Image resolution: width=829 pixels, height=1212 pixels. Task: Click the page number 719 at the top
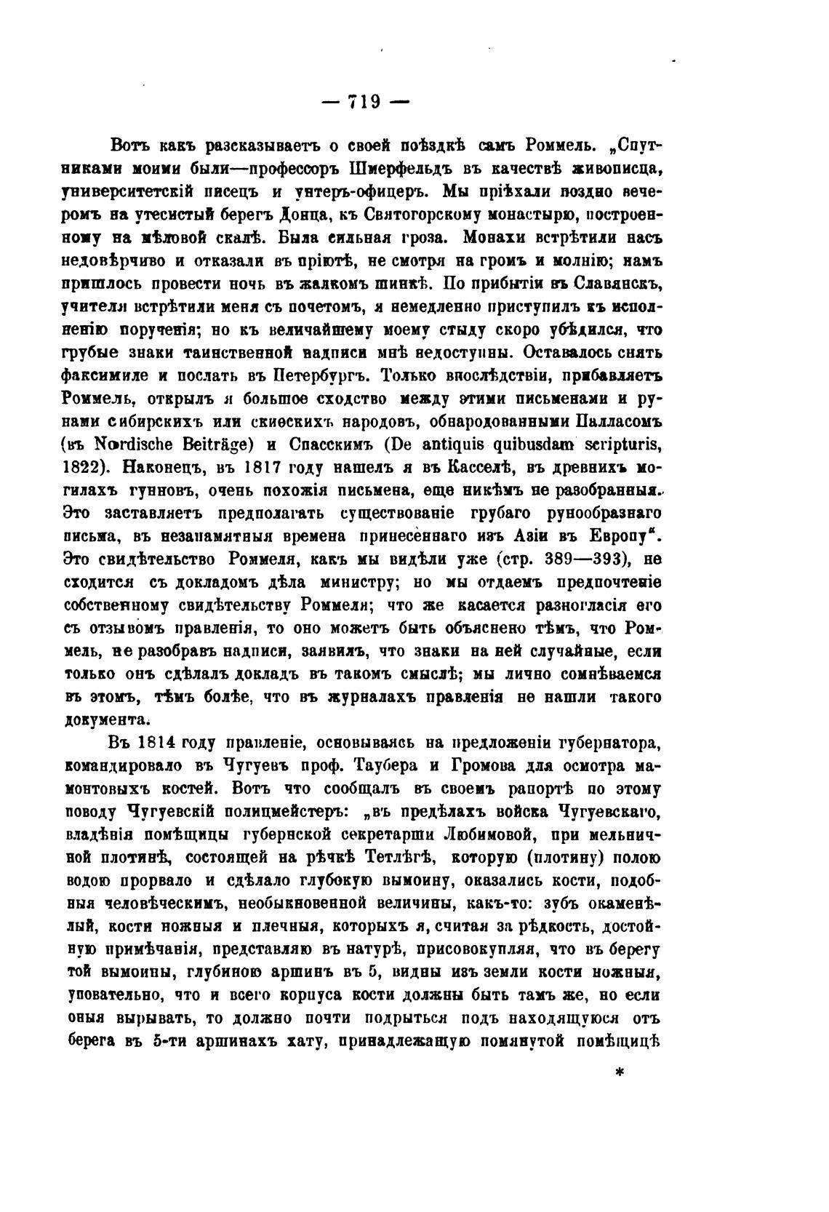[365, 103]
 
